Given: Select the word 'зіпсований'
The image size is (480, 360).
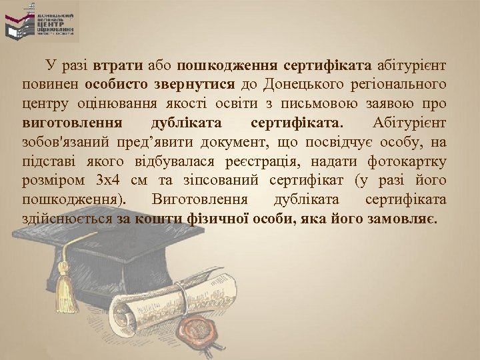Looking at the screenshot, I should click(x=233, y=181).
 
